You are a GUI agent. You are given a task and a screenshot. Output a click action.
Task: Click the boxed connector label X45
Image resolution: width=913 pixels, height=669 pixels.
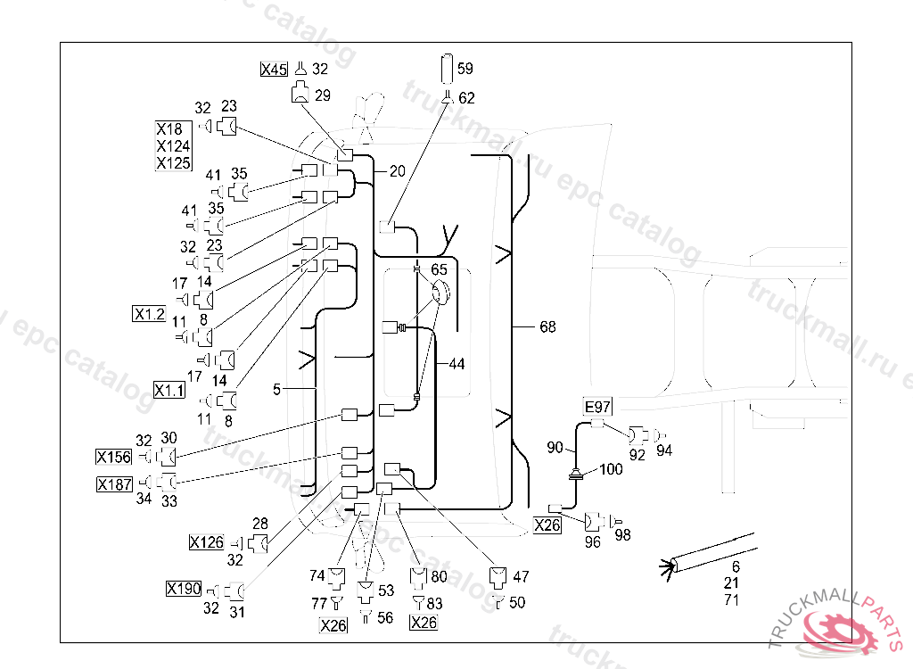pyautogui.click(x=274, y=70)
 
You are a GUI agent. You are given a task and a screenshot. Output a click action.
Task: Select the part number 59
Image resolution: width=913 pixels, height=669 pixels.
pyautogui.click(x=465, y=68)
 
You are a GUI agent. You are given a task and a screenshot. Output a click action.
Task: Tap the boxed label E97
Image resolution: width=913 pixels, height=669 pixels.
pyautogui.click(x=597, y=407)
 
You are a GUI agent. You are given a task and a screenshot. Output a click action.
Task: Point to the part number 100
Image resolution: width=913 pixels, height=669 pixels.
pyautogui.click(x=611, y=469)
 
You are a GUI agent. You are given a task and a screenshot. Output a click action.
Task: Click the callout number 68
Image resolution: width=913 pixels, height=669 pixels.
pyautogui.click(x=547, y=327)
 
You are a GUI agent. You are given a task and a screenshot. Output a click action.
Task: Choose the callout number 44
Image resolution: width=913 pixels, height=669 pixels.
pyautogui.click(x=456, y=364)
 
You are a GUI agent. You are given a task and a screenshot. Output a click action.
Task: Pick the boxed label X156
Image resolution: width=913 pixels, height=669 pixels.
pyautogui.click(x=113, y=458)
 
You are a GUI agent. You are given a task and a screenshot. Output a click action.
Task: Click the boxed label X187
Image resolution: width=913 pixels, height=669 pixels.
pyautogui.click(x=114, y=484)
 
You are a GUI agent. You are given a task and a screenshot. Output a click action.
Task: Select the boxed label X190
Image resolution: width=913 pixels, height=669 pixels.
pyautogui.click(x=184, y=589)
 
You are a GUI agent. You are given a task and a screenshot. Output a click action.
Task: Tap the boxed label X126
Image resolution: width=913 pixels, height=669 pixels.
pyautogui.click(x=206, y=541)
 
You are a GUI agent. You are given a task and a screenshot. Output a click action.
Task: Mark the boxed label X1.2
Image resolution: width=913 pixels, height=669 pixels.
pyautogui.click(x=149, y=314)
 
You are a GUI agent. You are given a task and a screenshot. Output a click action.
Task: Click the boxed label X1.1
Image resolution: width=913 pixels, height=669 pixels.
pyautogui.click(x=169, y=390)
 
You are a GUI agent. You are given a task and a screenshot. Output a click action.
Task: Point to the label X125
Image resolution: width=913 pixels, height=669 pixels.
pyautogui.click(x=173, y=163)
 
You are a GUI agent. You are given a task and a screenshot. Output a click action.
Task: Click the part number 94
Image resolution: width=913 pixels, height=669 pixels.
pyautogui.click(x=664, y=450)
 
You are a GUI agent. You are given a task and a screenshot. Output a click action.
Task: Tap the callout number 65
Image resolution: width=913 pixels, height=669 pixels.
pyautogui.click(x=440, y=268)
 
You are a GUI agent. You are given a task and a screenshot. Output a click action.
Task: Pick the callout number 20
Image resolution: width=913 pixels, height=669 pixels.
pyautogui.click(x=397, y=171)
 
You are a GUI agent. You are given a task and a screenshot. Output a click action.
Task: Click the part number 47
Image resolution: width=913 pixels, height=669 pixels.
pyautogui.click(x=521, y=577)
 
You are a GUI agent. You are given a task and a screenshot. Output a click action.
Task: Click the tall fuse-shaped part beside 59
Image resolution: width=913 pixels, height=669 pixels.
pyautogui.click(x=447, y=68)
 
